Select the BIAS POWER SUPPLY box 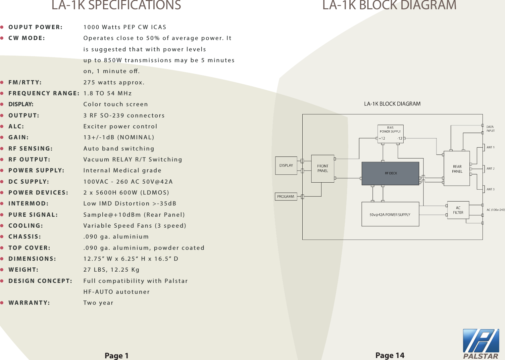pyautogui.click(x=390, y=134)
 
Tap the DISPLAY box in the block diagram pyautogui.click(x=286, y=165)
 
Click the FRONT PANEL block pyautogui.click(x=323, y=168)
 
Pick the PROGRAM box pyautogui.click(x=285, y=197)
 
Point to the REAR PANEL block pyautogui.click(x=457, y=169)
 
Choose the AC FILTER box pyautogui.click(x=458, y=210)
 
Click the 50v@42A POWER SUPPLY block pyautogui.click(x=390, y=215)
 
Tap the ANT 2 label pyautogui.click(x=490, y=168)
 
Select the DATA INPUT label pyautogui.click(x=490, y=129)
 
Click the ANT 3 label pyautogui.click(x=490, y=189)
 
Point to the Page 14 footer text pyautogui.click(x=390, y=355)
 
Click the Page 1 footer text pyautogui.click(x=116, y=356)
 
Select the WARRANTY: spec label pyautogui.click(x=29, y=303)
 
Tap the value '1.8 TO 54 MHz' pyautogui.click(x=108, y=93)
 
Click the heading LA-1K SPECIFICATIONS pyautogui.click(x=116, y=5)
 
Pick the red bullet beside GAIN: pyautogui.click(x=2, y=137)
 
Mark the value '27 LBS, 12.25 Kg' pyautogui.click(x=112, y=270)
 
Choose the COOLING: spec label pyautogui.click(x=25, y=226)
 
